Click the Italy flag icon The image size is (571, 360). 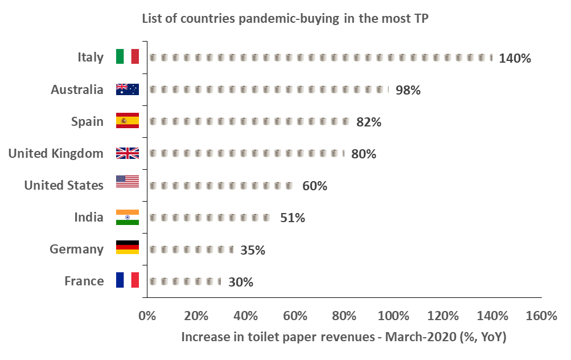click(127, 56)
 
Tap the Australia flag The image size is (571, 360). click(127, 89)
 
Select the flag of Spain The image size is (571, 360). click(127, 121)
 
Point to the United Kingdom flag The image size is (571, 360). click(127, 153)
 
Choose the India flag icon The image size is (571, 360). click(127, 217)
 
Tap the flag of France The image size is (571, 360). click(127, 280)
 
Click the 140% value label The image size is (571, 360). click(515, 58)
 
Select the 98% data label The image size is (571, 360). click(408, 90)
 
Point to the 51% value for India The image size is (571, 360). click(293, 218)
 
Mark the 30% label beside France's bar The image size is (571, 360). click(241, 282)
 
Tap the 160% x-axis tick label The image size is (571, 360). click(541, 316)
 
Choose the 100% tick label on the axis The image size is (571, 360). click(393, 316)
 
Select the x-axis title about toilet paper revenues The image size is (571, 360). click(344, 337)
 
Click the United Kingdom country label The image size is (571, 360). click(56, 153)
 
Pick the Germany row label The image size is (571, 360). click(76, 249)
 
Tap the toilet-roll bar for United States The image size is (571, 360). click(221, 186)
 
